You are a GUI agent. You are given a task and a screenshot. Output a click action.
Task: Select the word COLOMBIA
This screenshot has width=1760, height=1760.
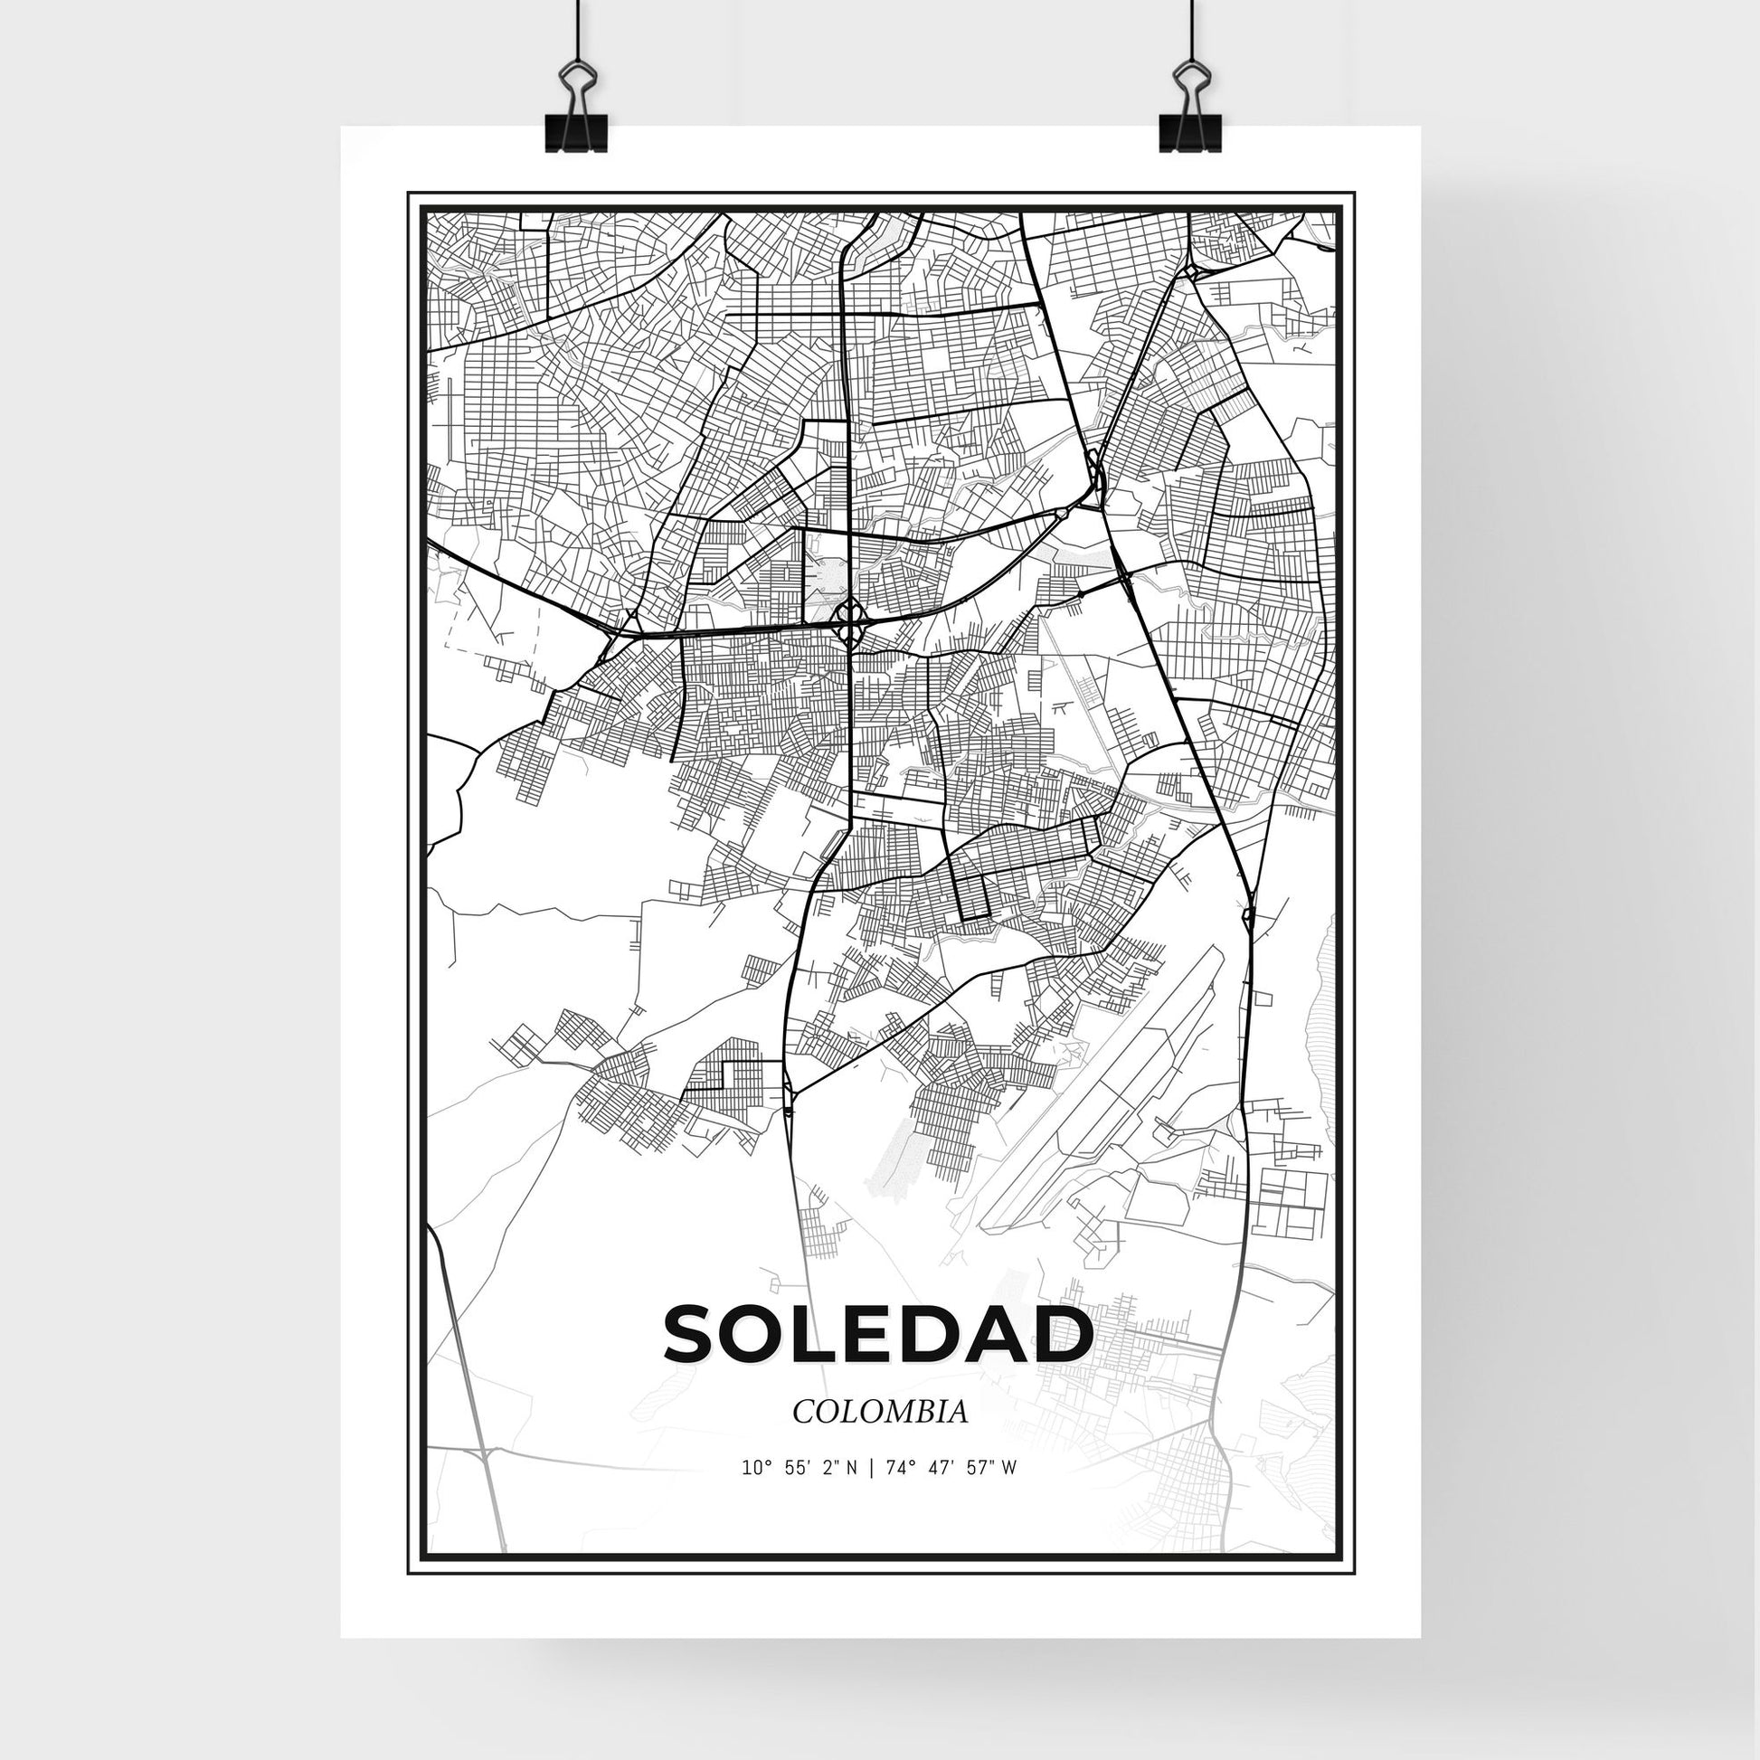click(879, 1437)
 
